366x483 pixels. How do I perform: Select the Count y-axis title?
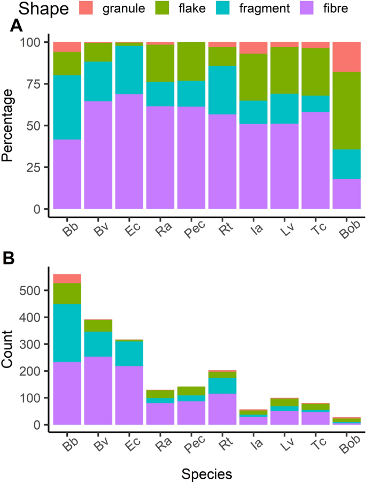pos(9,350)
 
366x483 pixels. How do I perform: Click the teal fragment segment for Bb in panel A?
pos(67,107)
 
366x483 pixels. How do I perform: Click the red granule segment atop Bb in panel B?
pos(67,279)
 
